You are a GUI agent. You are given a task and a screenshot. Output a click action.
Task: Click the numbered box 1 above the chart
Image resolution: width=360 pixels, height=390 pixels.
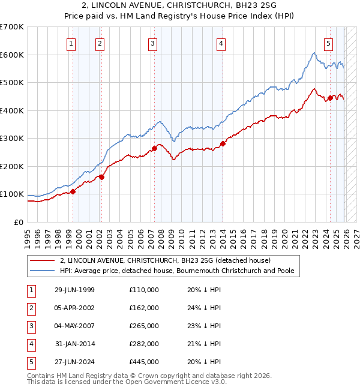(71, 43)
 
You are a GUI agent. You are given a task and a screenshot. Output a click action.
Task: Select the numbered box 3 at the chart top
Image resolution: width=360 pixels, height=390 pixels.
(153, 43)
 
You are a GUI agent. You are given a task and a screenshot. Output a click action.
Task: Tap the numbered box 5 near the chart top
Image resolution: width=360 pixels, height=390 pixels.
(329, 43)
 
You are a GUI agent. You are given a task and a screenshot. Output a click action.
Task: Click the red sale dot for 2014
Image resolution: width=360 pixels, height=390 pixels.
(223, 143)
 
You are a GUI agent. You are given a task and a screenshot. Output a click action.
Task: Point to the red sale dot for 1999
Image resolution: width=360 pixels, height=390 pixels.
(73, 191)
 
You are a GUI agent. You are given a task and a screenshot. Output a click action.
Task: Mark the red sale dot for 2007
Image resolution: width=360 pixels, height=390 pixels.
(154, 148)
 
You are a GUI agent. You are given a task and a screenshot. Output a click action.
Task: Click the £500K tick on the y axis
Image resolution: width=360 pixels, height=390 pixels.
(12, 82)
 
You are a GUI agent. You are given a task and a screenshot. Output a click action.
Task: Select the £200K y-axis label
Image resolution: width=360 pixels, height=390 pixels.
(12, 166)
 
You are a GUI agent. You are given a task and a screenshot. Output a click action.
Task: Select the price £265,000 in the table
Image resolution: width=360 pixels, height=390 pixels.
(144, 326)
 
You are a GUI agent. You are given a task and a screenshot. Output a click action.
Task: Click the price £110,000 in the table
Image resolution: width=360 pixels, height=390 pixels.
(144, 290)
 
